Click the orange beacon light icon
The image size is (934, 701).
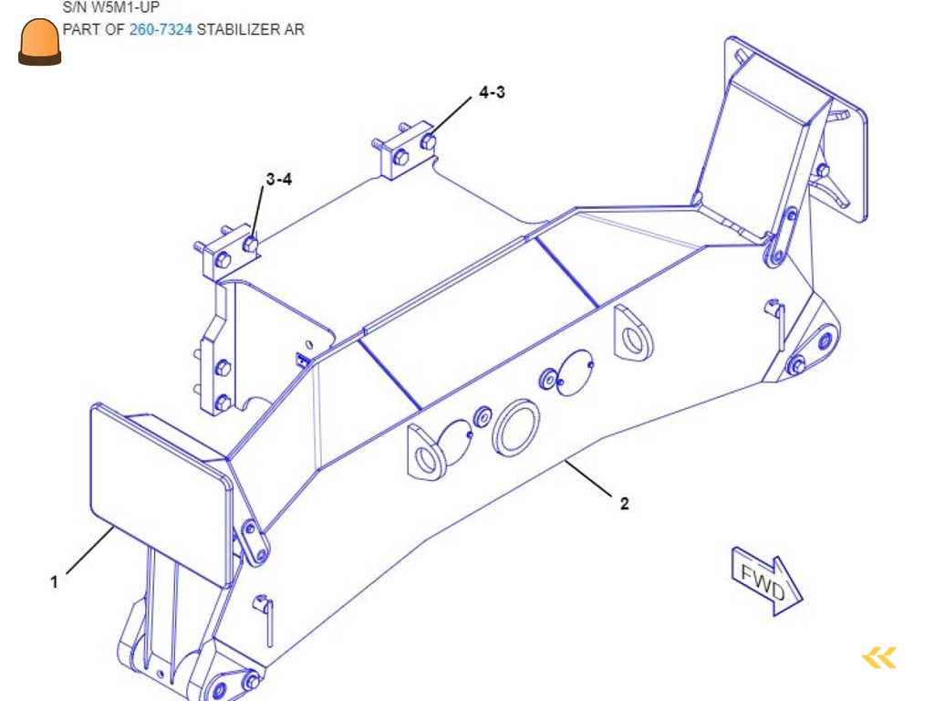[x=40, y=43]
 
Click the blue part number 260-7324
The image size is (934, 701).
[x=161, y=30]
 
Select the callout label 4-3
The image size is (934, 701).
[x=492, y=92]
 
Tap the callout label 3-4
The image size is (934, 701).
[x=279, y=180]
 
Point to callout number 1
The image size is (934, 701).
[x=55, y=581]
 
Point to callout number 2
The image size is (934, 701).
[x=624, y=503]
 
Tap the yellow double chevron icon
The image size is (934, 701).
[x=879, y=657]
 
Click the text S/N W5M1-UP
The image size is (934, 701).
[x=110, y=8]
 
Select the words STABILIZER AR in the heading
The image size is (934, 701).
[x=251, y=30]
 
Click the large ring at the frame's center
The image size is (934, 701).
[x=516, y=427]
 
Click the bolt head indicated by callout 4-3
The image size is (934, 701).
[x=428, y=141]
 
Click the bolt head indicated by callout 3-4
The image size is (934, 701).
[x=250, y=245]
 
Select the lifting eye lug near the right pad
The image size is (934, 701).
[x=630, y=335]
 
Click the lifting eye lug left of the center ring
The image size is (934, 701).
[x=425, y=451]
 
